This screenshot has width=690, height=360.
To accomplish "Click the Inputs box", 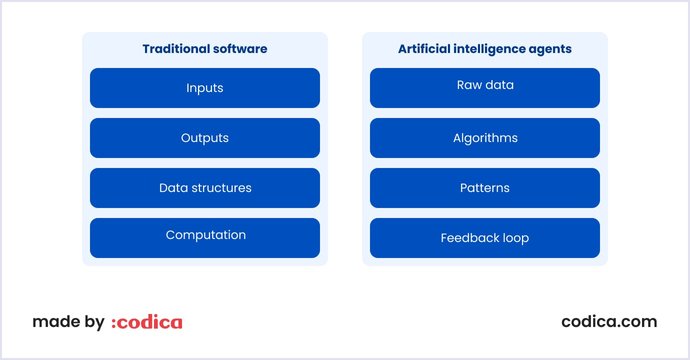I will coord(204,88).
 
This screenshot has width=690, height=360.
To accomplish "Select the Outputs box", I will coord(204,138).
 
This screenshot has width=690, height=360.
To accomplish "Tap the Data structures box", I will coord(204,188).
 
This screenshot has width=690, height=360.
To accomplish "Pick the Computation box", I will coord(204,237).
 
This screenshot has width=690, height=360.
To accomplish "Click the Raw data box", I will coord(484,87).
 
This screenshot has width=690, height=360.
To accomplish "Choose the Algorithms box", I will coord(484,138).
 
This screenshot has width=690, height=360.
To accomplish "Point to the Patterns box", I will coord(484,188).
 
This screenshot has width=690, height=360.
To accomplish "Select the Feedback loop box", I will coord(484,238).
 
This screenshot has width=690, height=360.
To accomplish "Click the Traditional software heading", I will coord(205,48).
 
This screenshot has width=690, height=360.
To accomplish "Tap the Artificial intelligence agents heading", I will coord(485,48).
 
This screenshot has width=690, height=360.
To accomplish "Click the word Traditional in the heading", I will coord(174,48).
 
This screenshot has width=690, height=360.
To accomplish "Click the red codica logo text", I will coord(150,322).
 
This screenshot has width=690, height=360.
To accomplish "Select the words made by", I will coord(68,322).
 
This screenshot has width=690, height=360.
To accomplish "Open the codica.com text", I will coord(609,322).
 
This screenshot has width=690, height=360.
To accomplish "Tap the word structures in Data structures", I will coord(221,188).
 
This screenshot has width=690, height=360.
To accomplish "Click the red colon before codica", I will coord(114,323).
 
